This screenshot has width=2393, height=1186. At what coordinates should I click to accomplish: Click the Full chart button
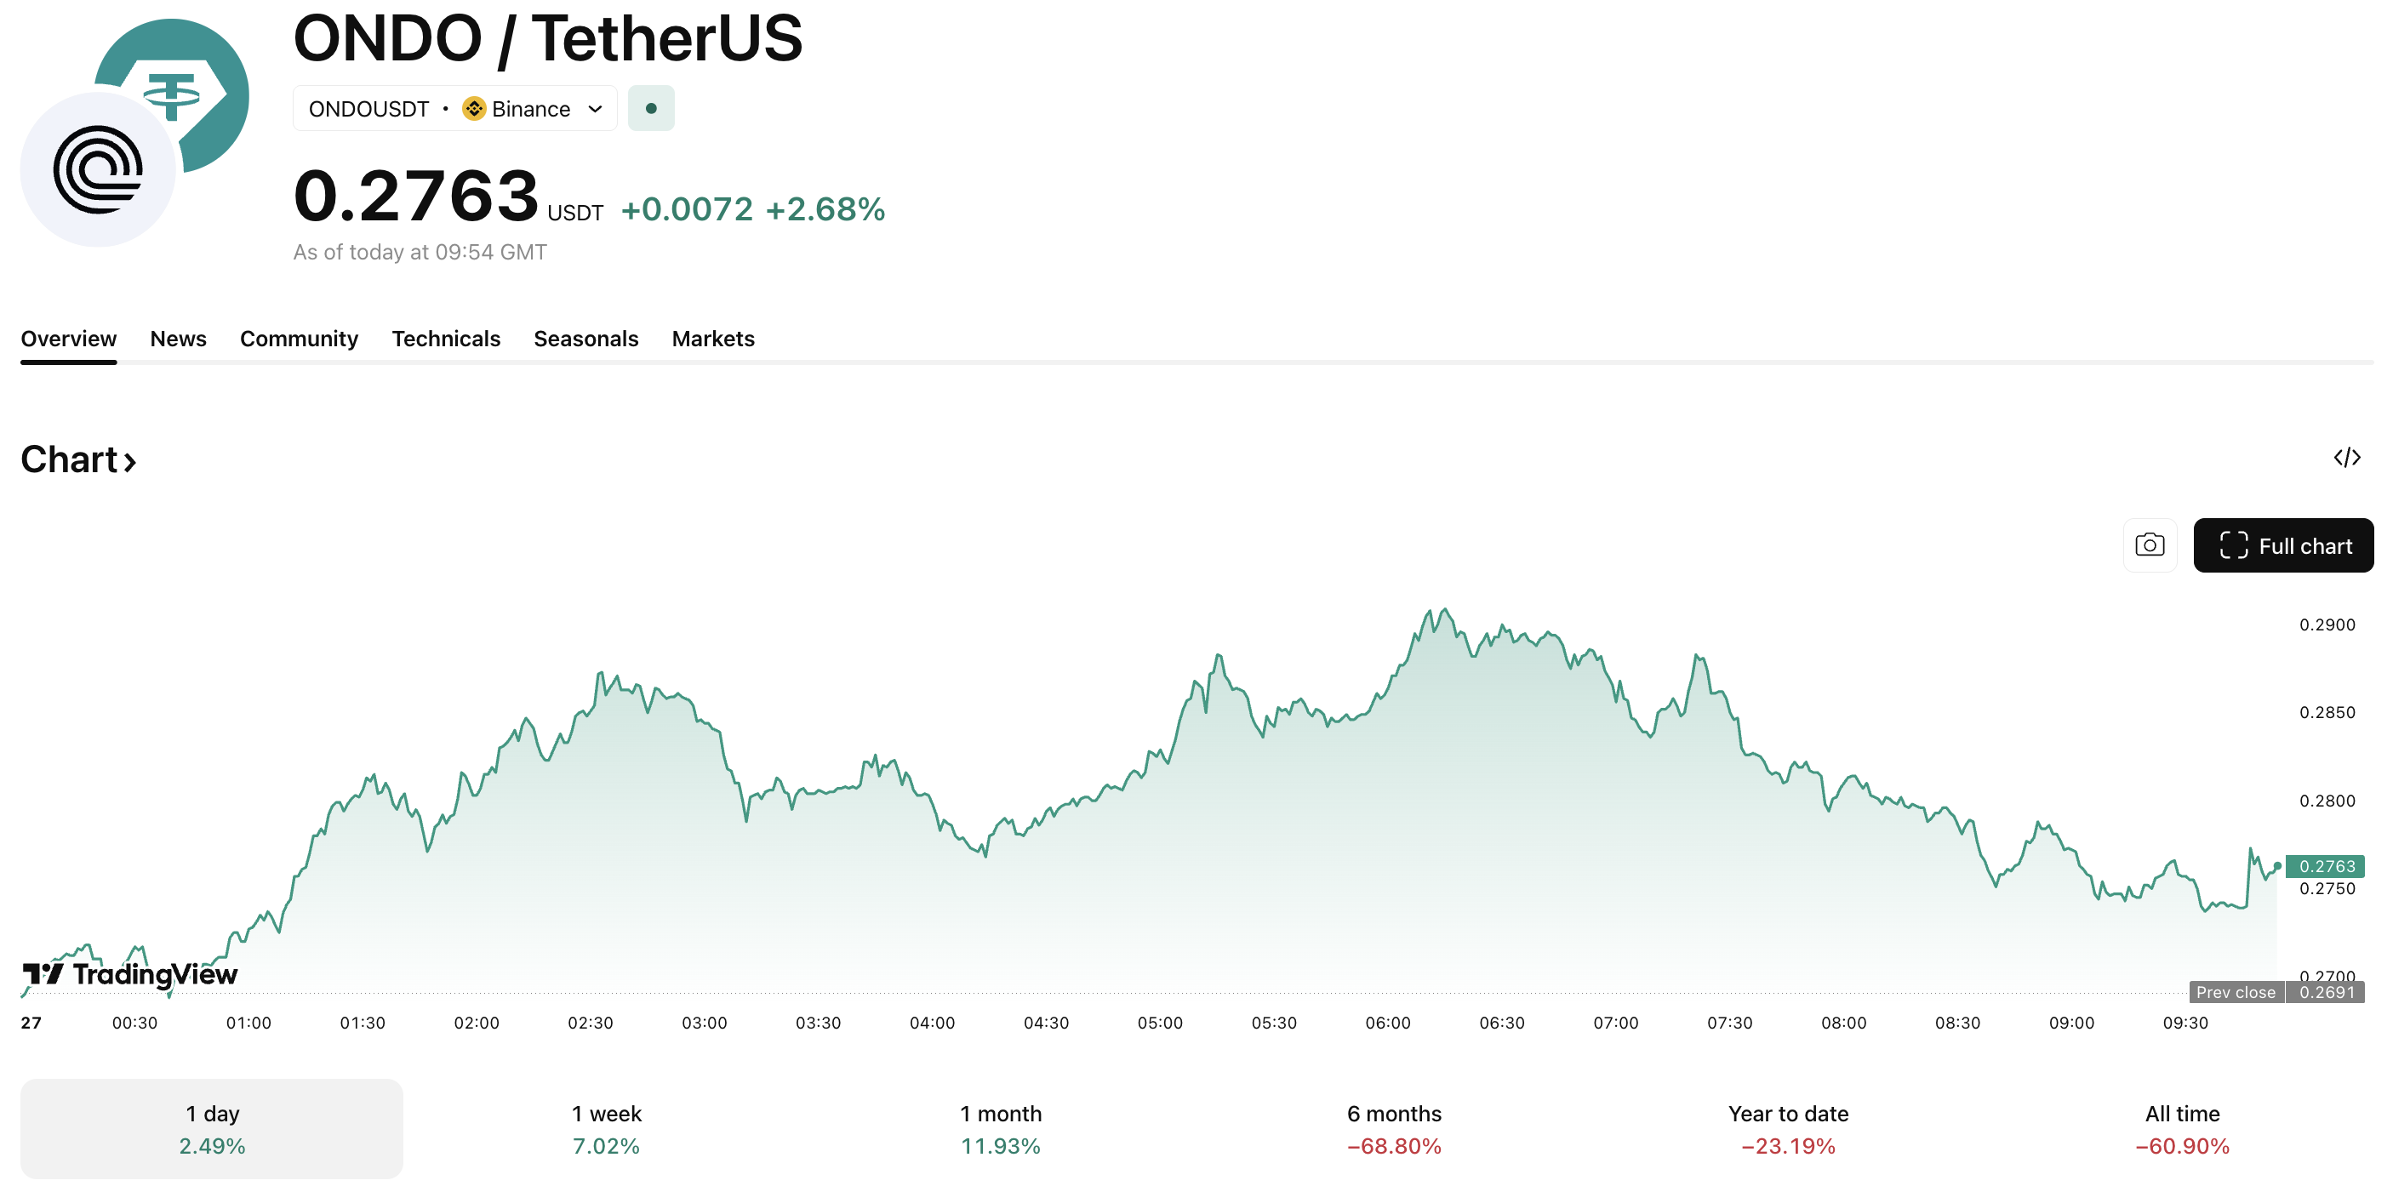click(x=2282, y=545)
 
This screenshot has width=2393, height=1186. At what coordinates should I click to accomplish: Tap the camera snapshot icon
click(x=2149, y=545)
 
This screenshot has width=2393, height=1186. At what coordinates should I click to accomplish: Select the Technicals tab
click(x=446, y=339)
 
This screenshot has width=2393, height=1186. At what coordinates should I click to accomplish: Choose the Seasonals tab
click(x=585, y=339)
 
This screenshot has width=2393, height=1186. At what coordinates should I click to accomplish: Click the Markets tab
click(x=712, y=339)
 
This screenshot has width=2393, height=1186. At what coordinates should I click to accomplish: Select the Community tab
click(x=298, y=339)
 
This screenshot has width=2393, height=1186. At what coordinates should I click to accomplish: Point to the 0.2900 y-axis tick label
click(x=2326, y=625)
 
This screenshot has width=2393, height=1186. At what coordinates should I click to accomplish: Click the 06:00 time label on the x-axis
click(x=1387, y=1023)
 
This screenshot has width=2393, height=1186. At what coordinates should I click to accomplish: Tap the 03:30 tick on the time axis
click(x=818, y=1023)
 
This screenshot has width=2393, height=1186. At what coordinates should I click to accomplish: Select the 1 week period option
click(x=606, y=1128)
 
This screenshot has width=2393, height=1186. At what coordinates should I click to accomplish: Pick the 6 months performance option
click(x=1393, y=1128)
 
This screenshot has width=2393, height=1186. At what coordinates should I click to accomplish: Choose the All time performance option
click(x=2181, y=1128)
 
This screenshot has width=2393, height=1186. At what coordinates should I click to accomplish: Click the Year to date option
click(x=1787, y=1128)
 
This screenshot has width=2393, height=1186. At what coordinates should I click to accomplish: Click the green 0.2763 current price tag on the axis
click(x=2325, y=866)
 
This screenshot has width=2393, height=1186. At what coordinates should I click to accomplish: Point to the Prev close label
click(x=2235, y=992)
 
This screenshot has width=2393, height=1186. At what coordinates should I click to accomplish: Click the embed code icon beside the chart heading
click(x=2346, y=457)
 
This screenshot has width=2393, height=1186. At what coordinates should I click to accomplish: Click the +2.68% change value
click(x=825, y=210)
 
